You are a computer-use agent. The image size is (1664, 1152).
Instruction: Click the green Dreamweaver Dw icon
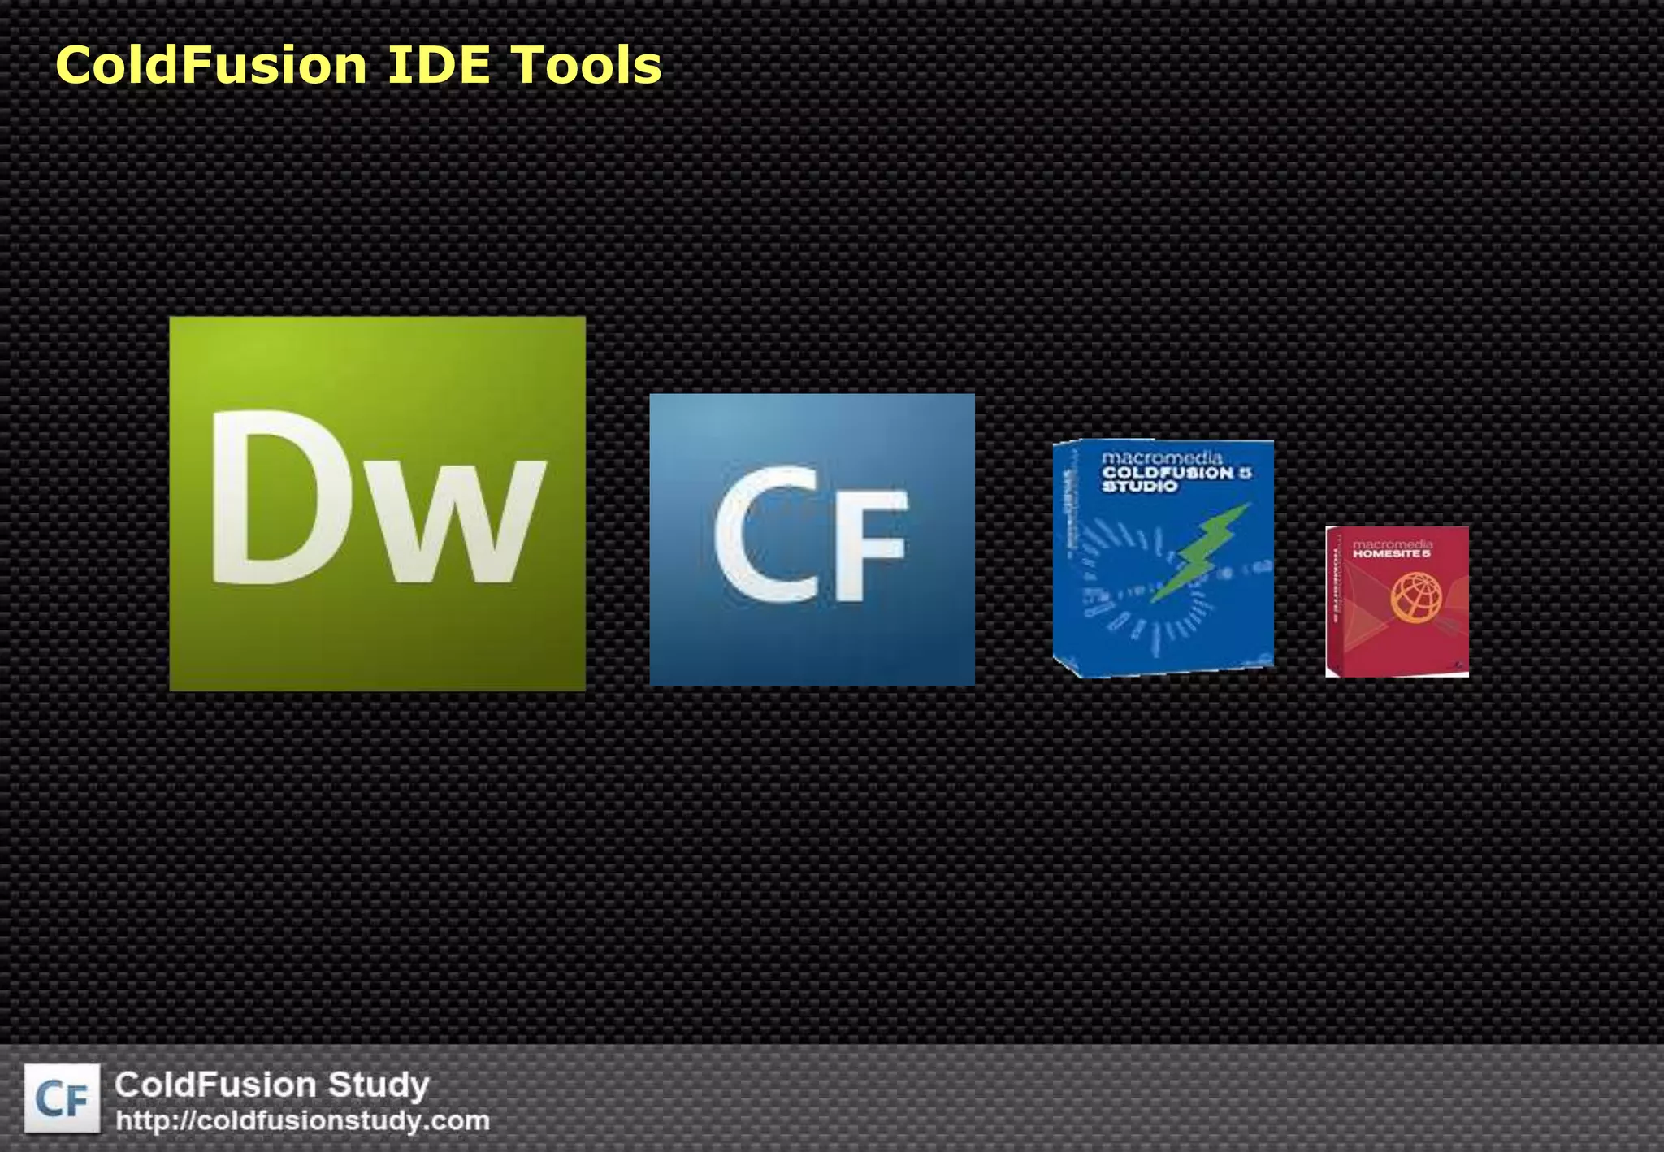pyautogui.click(x=377, y=504)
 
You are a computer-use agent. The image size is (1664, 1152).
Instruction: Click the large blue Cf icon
pyautogui.click(x=812, y=539)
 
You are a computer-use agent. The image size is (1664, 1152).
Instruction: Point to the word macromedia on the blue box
pyautogui.click(x=1162, y=458)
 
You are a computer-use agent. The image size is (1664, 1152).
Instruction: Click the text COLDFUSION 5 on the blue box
pyautogui.click(x=1176, y=472)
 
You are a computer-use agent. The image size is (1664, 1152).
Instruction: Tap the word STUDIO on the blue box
pyautogui.click(x=1139, y=486)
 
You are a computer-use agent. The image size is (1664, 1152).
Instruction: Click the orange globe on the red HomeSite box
pyautogui.click(x=1415, y=597)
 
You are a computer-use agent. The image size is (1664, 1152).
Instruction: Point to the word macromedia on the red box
pyautogui.click(x=1392, y=544)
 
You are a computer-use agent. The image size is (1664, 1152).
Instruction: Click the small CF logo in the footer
pyautogui.click(x=63, y=1098)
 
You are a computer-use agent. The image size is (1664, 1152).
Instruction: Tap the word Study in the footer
pyautogui.click(x=378, y=1085)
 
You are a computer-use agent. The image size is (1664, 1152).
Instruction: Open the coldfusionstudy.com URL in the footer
pyautogui.click(x=302, y=1121)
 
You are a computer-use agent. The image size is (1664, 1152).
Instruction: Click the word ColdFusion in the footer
pyautogui.click(x=215, y=1085)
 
